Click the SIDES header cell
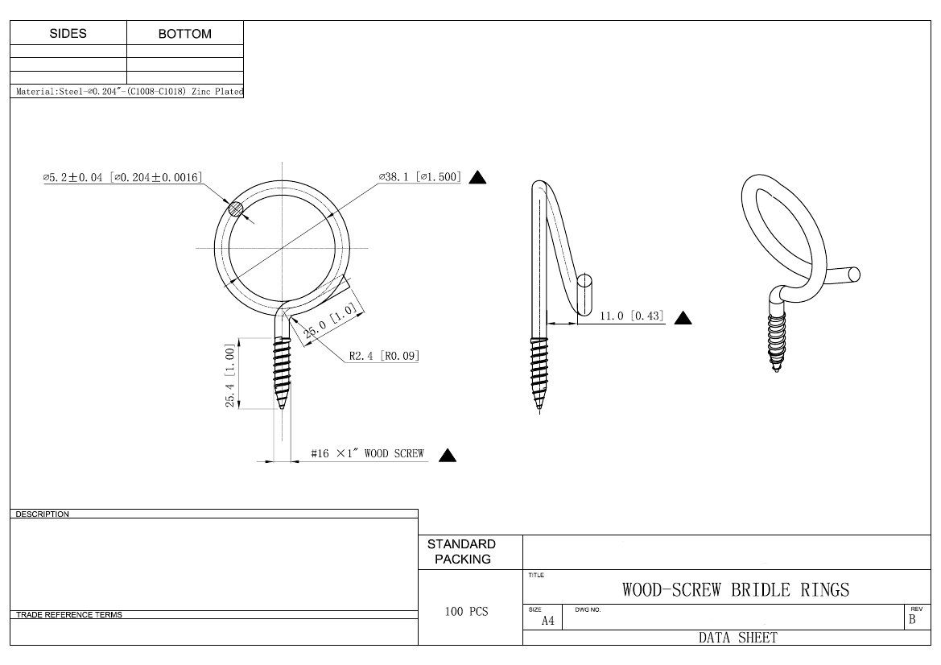pos(68,34)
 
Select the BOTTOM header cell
pos(185,34)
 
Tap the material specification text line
pos(129,92)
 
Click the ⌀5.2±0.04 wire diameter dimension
pos(122,178)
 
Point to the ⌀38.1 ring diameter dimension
pos(420,177)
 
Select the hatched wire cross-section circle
pos(236,209)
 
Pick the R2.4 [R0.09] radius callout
pos(384,355)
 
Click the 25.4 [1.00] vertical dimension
pos(230,375)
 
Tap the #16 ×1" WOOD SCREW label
pos(367,454)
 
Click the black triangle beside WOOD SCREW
pos(448,456)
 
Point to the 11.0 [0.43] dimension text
pos(632,316)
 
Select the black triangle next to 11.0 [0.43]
pos(683,318)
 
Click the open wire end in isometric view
pos(853,275)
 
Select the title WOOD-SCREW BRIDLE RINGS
pos(735,590)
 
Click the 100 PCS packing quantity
pos(466,612)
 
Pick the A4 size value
pos(547,620)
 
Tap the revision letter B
pos(912,619)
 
